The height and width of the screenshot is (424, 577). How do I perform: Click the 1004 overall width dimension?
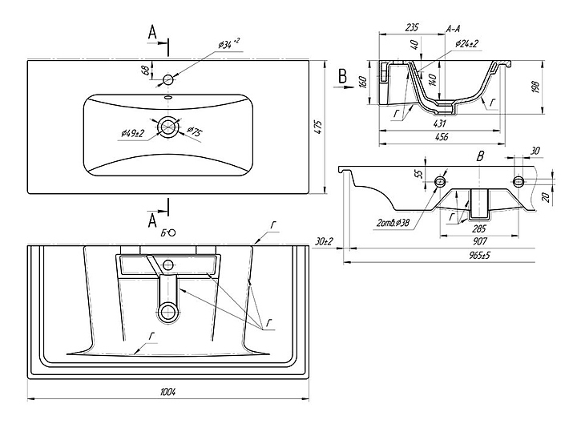click(x=168, y=391)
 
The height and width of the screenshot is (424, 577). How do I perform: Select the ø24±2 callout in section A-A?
click(x=467, y=43)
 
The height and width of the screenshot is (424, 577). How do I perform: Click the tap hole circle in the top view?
click(x=168, y=79)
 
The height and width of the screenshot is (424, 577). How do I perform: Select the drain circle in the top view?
click(x=168, y=127)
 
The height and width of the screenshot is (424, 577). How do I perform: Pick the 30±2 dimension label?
click(x=325, y=240)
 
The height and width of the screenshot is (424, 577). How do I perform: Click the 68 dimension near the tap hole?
click(x=145, y=71)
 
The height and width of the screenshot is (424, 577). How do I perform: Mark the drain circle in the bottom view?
click(x=168, y=312)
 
